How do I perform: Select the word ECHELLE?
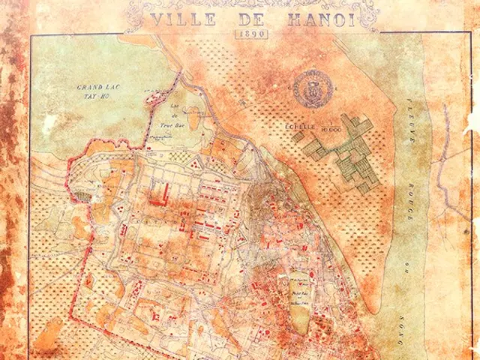pyautogui.click(x=298, y=126)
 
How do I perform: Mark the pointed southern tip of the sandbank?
pyautogui.click(x=369, y=310)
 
